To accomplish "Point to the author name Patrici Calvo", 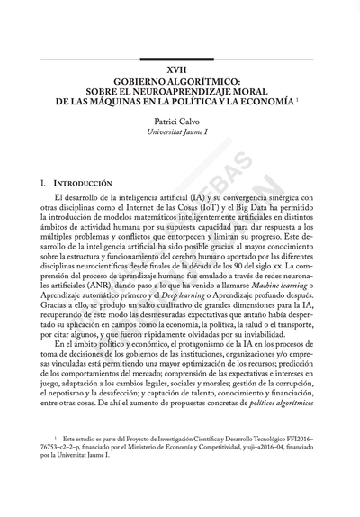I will (x=180, y=120).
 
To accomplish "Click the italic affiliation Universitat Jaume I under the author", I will (x=180, y=132).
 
